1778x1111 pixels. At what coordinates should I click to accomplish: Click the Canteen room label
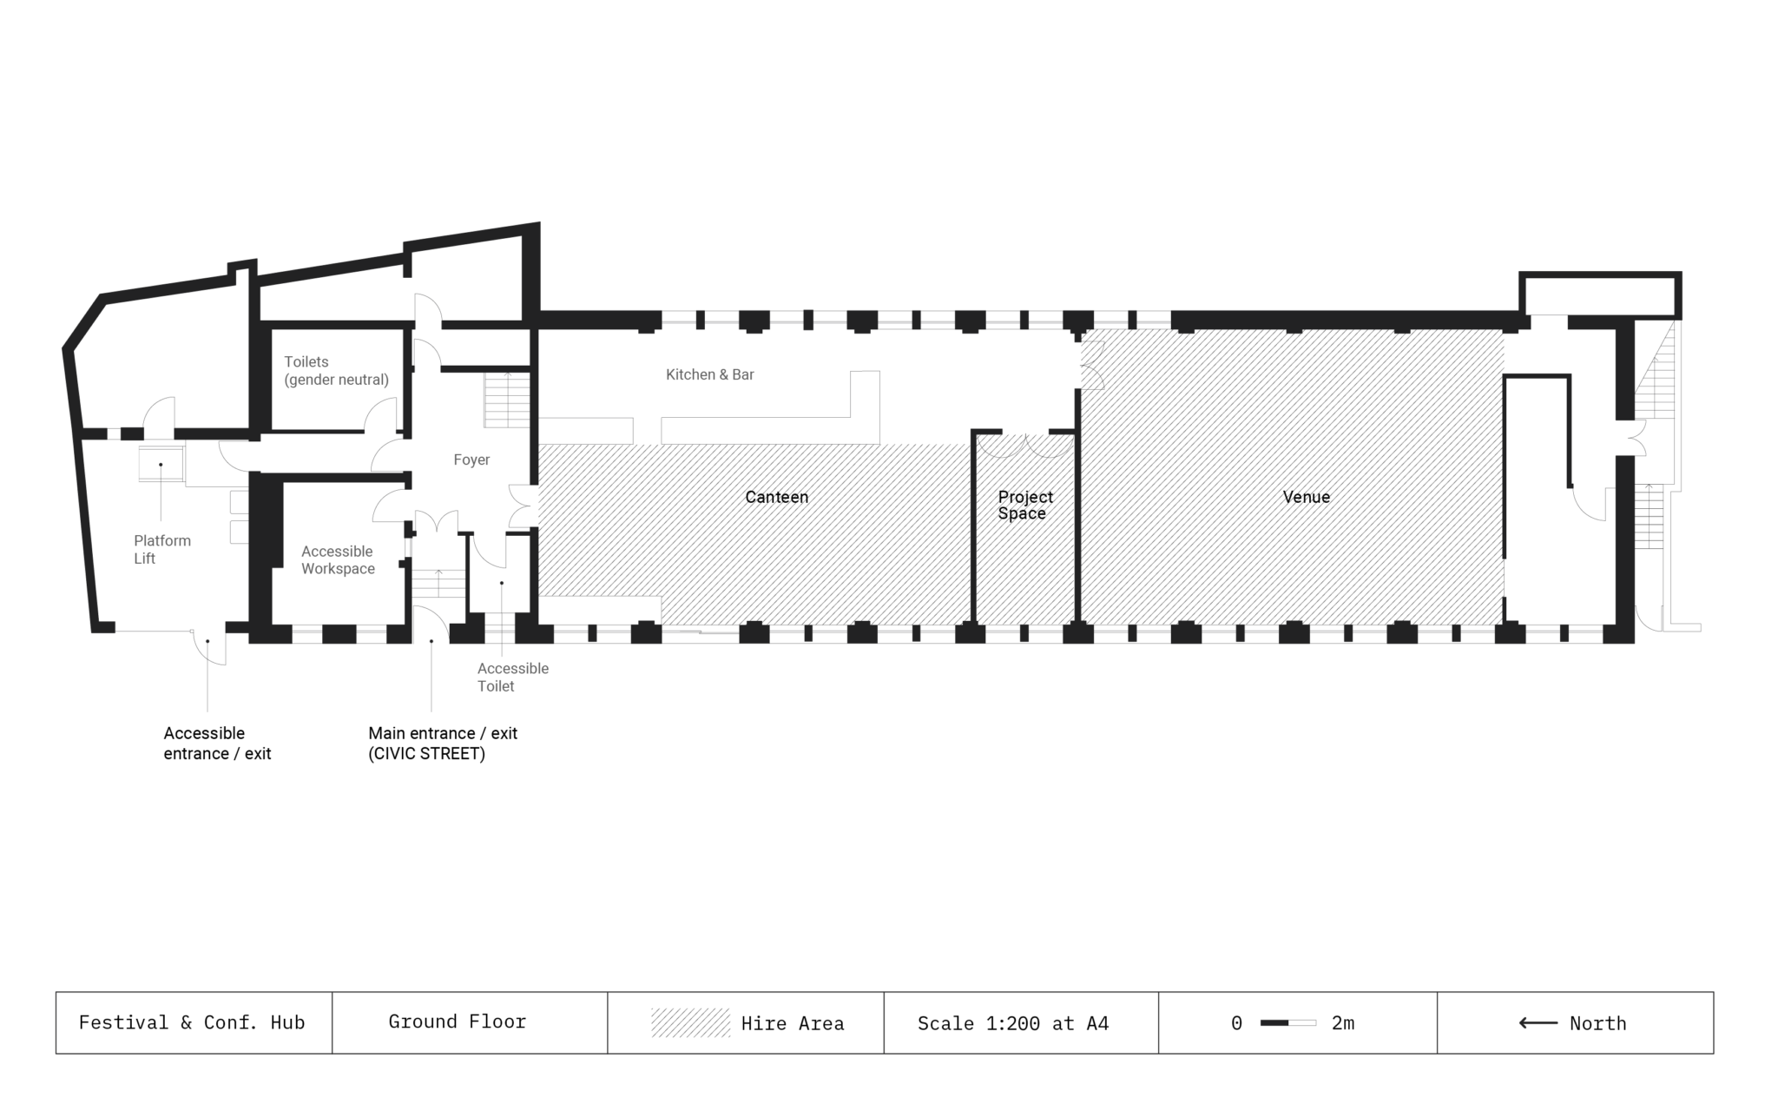pyautogui.click(x=776, y=497)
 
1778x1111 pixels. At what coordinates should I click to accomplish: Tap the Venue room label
pyautogui.click(x=1306, y=497)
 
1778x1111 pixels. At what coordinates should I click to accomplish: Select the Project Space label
pyautogui.click(x=1024, y=505)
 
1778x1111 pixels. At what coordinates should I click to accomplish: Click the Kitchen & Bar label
pyautogui.click(x=709, y=374)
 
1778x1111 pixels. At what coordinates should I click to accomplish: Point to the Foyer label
pyautogui.click(x=471, y=460)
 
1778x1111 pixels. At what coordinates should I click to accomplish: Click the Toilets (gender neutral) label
pyautogui.click(x=336, y=371)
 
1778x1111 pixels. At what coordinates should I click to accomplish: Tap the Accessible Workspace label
pyautogui.click(x=338, y=560)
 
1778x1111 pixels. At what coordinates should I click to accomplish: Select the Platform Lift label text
pyautogui.click(x=161, y=549)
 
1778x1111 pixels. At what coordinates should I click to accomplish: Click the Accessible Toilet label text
pyautogui.click(x=512, y=677)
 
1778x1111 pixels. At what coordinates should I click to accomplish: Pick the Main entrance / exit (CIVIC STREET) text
pyautogui.click(x=442, y=744)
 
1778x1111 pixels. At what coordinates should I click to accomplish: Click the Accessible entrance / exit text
pyautogui.click(x=217, y=744)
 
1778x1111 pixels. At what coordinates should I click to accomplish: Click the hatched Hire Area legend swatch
pyautogui.click(x=690, y=1022)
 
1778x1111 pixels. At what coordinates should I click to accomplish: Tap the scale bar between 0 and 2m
pyautogui.click(x=1287, y=1022)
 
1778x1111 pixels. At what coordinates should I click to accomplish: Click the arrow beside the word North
pyautogui.click(x=1538, y=1023)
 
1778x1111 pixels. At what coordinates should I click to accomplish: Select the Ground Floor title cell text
pyautogui.click(x=457, y=1022)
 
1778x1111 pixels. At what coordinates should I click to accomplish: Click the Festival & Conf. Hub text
pyautogui.click(x=192, y=1022)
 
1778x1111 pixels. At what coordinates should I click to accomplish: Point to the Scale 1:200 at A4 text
pyautogui.click(x=1012, y=1023)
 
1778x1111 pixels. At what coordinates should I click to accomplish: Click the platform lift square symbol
pyautogui.click(x=161, y=464)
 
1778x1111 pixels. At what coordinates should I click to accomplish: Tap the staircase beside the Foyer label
pyautogui.click(x=507, y=400)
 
